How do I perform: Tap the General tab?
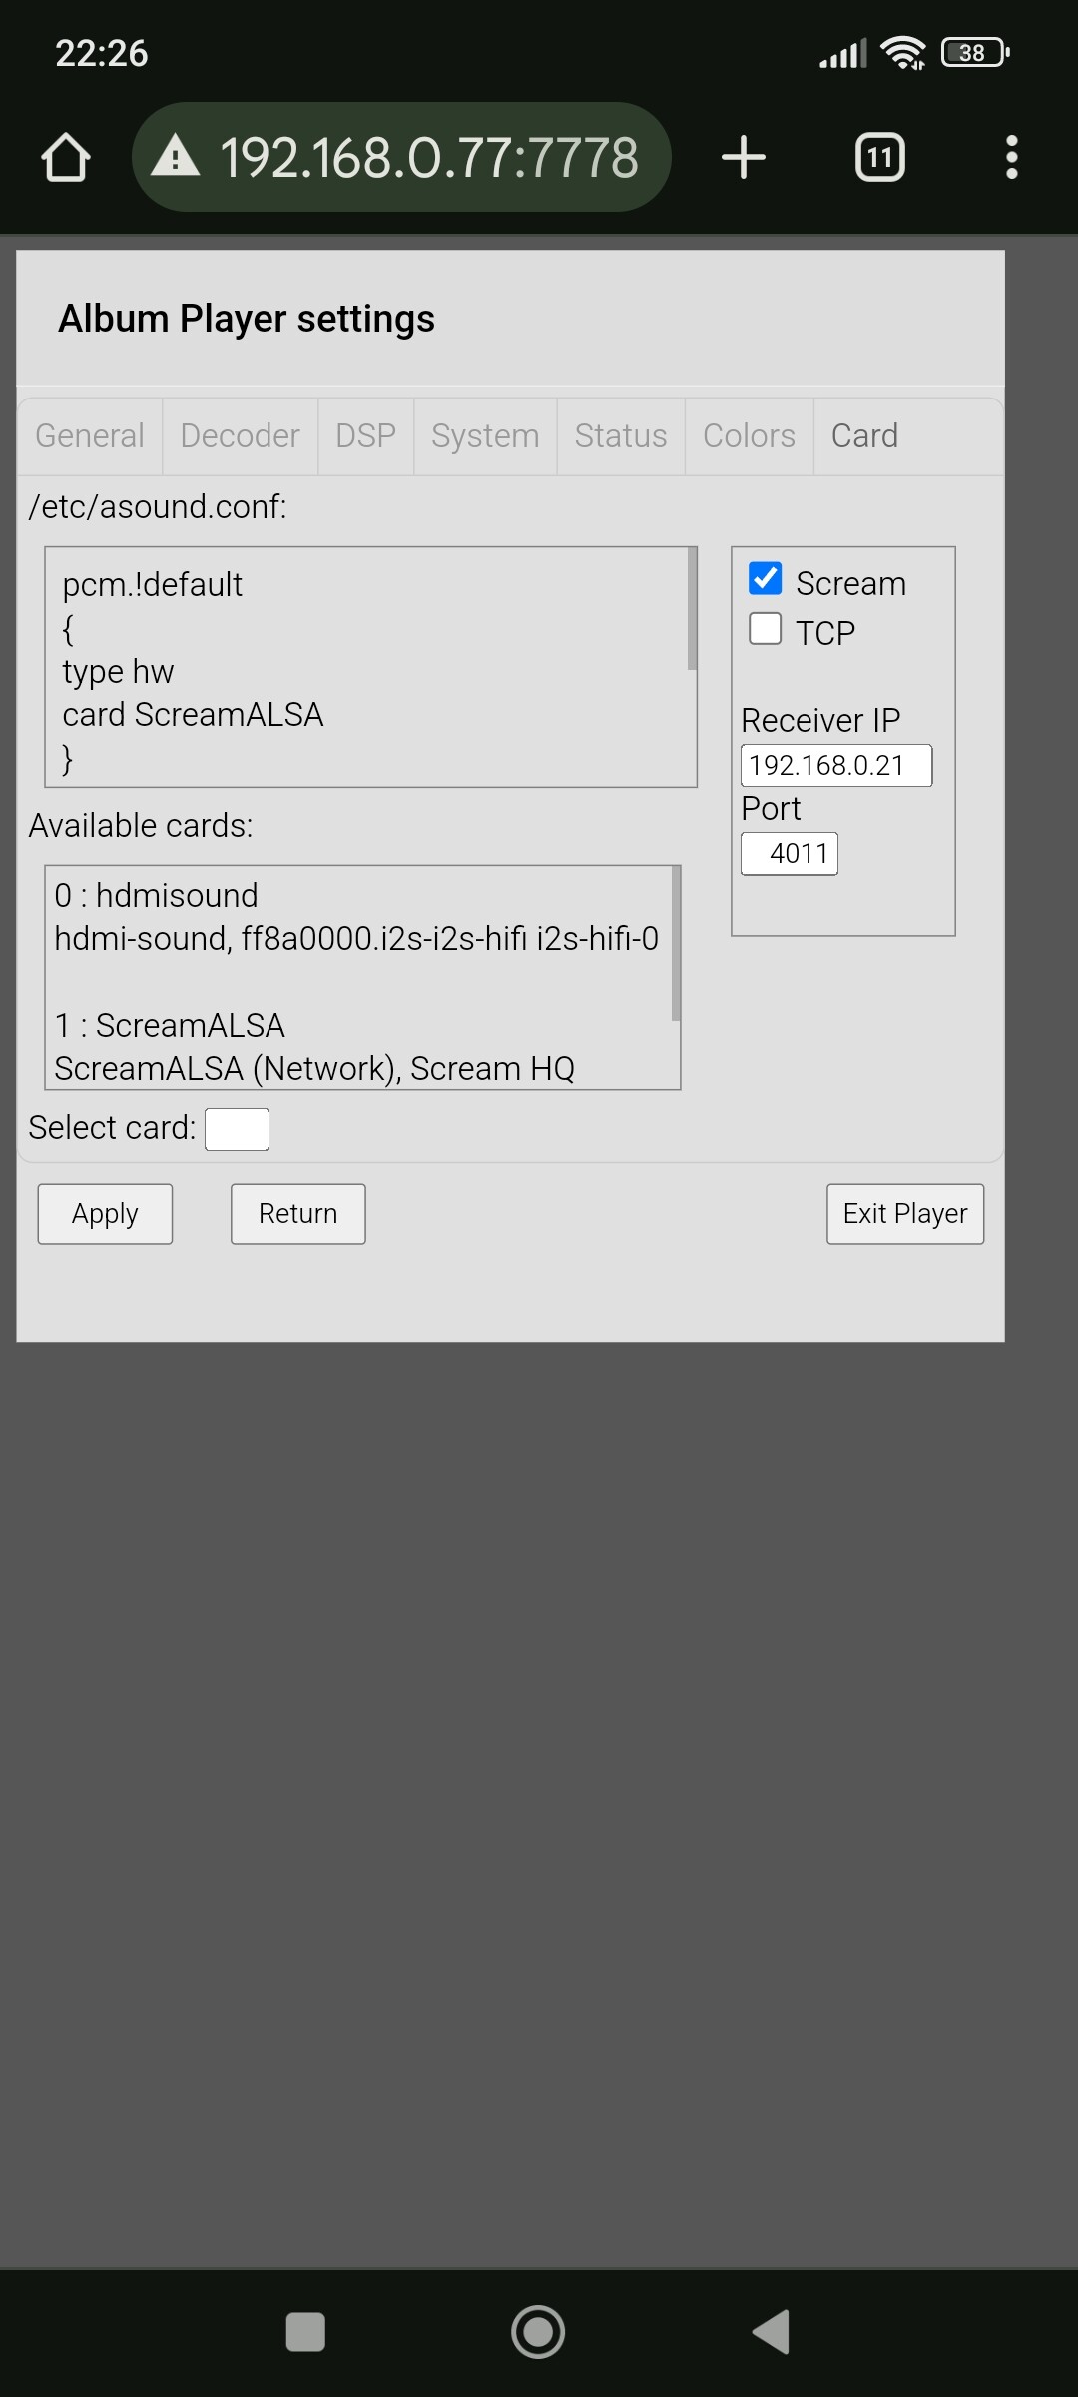[x=90, y=436]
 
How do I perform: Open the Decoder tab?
[x=240, y=436]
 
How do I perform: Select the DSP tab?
[x=365, y=436]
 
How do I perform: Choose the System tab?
[x=485, y=436]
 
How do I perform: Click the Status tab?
[x=621, y=436]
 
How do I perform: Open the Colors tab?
[x=749, y=436]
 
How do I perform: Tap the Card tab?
[x=864, y=436]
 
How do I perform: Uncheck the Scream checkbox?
[x=766, y=579]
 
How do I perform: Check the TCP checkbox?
[x=766, y=629]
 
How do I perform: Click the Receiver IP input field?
[x=836, y=766]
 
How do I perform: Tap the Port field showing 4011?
[x=790, y=854]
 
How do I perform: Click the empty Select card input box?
[x=237, y=1129]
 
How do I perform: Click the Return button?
[x=297, y=1214]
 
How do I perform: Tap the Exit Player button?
[x=905, y=1214]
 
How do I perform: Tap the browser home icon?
[x=66, y=158]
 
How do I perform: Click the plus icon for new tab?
[x=744, y=158]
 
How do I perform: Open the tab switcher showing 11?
[x=880, y=158]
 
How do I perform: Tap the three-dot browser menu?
[x=1012, y=158]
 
